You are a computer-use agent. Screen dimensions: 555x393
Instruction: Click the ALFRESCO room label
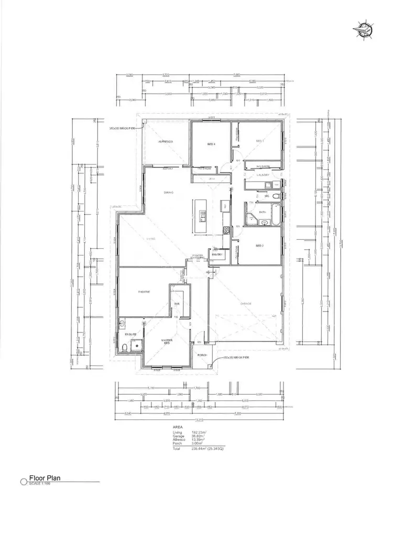[166, 142]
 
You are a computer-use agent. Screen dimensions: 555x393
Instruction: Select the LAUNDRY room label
[263, 175]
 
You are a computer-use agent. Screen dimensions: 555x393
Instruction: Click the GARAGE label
[246, 303]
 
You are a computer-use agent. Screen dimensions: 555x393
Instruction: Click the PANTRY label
[217, 255]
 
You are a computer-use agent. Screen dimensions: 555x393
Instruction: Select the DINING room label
[169, 193]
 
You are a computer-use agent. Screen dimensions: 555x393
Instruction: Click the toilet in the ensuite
[125, 347]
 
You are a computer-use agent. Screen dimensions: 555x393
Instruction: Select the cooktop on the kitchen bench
[226, 230]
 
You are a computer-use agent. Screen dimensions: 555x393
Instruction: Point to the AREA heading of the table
[178, 427]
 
